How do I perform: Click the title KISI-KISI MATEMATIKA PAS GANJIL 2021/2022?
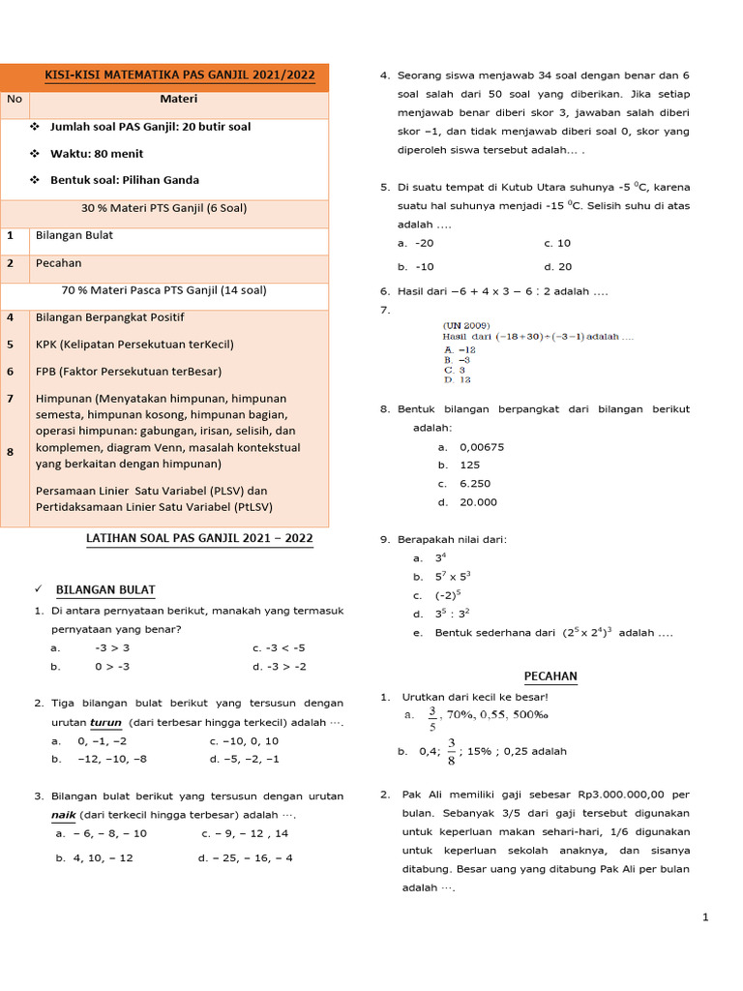[x=180, y=75]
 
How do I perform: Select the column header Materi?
[x=179, y=99]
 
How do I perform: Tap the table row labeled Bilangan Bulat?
[x=74, y=235]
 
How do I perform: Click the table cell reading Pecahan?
[x=58, y=262]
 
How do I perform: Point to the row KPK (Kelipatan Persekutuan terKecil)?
[x=134, y=344]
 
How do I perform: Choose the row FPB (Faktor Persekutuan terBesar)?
[x=128, y=371]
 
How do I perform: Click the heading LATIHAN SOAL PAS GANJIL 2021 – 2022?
[x=199, y=538]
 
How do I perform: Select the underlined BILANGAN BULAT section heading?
[x=105, y=589]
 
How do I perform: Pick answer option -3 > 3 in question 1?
[x=112, y=647]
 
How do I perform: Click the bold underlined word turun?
[x=105, y=722]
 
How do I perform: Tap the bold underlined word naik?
[x=63, y=814]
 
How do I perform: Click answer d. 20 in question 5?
[x=558, y=266]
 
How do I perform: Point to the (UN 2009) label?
[x=466, y=324]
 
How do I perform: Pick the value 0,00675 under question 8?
[x=482, y=447]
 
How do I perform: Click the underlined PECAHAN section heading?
[x=550, y=676]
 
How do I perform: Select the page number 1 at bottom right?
[x=705, y=917]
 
